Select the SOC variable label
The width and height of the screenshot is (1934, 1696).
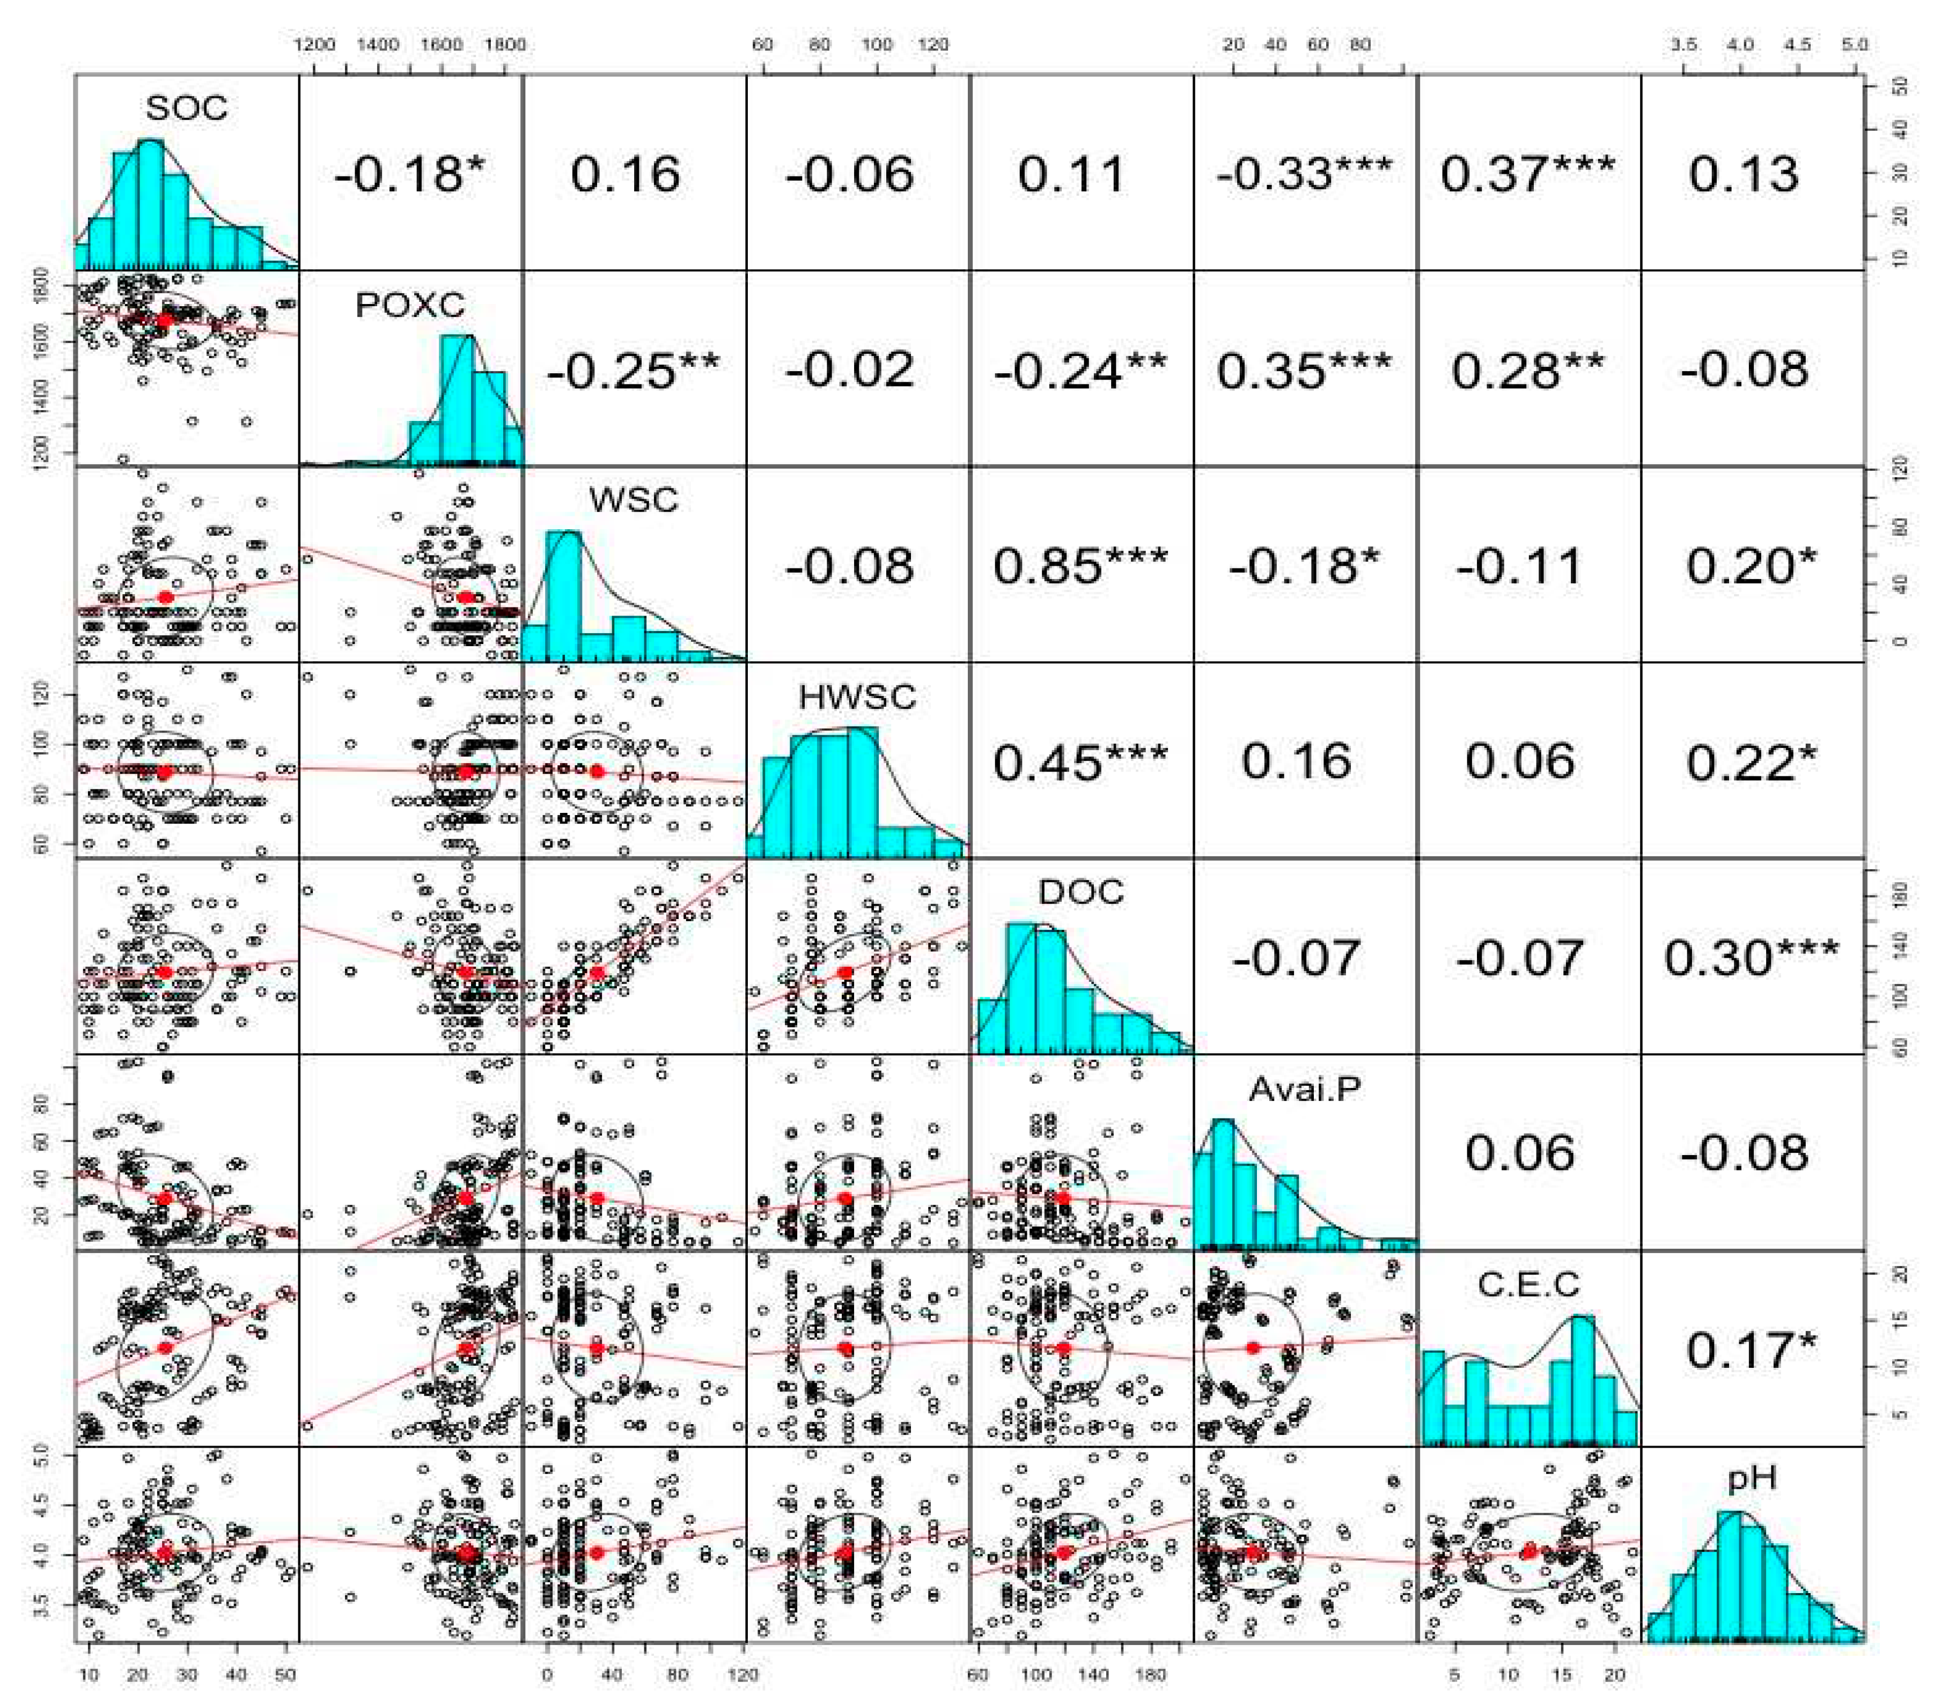click(x=186, y=108)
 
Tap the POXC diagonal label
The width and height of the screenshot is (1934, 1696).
click(x=410, y=305)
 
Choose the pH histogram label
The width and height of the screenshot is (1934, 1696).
click(x=1752, y=1477)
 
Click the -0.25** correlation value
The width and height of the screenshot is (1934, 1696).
click(x=633, y=370)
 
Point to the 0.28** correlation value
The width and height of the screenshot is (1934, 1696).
click(x=1527, y=370)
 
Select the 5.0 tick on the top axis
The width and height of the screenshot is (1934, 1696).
click(x=1855, y=45)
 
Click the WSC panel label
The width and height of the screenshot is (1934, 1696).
click(x=633, y=499)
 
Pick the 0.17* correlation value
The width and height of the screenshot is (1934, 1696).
click(x=1752, y=1350)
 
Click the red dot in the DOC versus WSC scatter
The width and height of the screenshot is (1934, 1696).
click(x=597, y=972)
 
